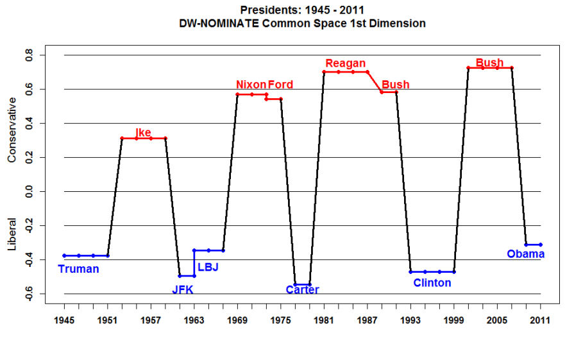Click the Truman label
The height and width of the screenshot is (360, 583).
pos(78,269)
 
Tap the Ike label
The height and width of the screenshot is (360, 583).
pos(143,132)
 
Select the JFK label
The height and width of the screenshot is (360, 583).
pos(182,289)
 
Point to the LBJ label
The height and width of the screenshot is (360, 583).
pos(208,267)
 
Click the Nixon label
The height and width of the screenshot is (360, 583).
pos(251,85)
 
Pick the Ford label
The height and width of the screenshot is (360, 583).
pos(280,85)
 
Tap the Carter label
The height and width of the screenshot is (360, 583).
pos(302,290)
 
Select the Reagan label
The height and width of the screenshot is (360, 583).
pos(345,63)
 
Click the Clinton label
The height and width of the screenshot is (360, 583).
pos(432,282)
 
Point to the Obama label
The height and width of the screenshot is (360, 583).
pos(525,254)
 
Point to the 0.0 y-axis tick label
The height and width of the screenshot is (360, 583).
pos(29,191)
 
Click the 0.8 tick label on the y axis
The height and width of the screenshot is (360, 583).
pos(29,55)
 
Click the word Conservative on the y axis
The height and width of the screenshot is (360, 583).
pos(12,132)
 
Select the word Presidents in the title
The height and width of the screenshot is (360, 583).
pos(268,10)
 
